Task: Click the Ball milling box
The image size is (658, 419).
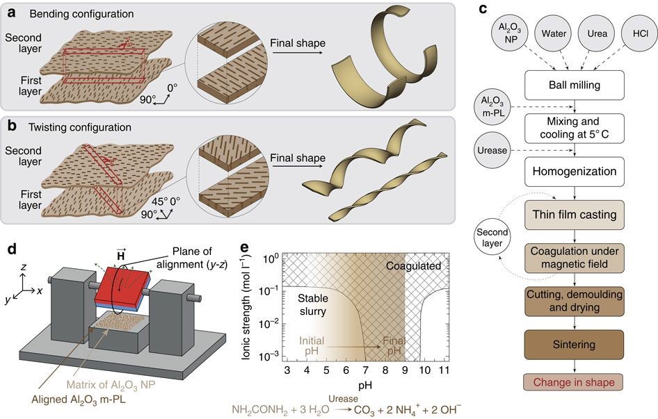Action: click(x=574, y=85)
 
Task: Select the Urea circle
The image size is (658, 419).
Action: click(x=597, y=33)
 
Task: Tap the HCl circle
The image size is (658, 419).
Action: click(x=640, y=33)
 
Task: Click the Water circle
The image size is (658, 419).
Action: click(x=554, y=33)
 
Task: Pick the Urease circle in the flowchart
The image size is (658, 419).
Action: click(x=492, y=150)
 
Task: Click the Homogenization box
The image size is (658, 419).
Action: click(x=574, y=171)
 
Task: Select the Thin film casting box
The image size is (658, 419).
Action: click(x=574, y=215)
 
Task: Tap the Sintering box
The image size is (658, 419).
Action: click(x=574, y=345)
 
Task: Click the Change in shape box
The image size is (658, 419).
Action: click(x=574, y=382)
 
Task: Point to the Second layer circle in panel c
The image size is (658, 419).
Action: click(x=492, y=238)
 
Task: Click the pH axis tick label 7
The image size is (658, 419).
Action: click(x=365, y=370)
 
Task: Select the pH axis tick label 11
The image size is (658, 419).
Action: click(x=444, y=370)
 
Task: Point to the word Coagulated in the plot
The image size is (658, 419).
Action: click(x=413, y=266)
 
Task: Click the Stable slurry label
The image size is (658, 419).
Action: click(x=312, y=305)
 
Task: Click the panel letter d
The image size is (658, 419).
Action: click(x=12, y=249)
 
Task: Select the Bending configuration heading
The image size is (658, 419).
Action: click(x=81, y=14)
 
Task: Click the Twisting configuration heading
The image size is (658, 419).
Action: click(x=80, y=127)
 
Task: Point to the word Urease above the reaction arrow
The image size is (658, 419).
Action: click(x=343, y=398)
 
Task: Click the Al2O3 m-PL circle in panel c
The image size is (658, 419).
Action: click(x=492, y=106)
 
